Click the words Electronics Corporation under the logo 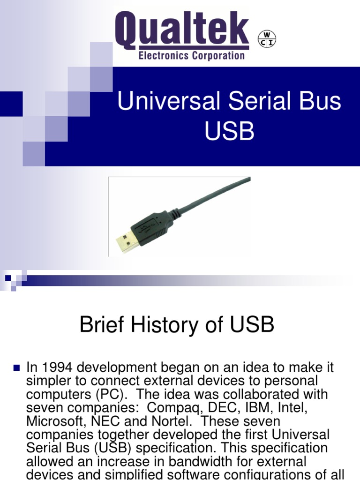[x=191, y=56]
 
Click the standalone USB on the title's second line [x=229, y=132]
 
